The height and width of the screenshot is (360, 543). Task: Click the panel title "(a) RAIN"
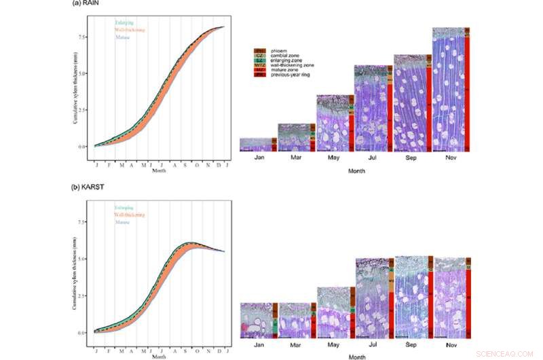[88, 3]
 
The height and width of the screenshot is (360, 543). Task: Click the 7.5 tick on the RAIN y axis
[81, 37]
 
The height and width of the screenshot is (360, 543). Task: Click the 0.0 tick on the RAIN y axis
[81, 146]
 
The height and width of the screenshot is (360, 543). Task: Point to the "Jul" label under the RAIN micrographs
[372, 158]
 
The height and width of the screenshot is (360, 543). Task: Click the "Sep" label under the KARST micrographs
[411, 345]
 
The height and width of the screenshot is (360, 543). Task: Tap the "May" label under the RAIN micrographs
[334, 158]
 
